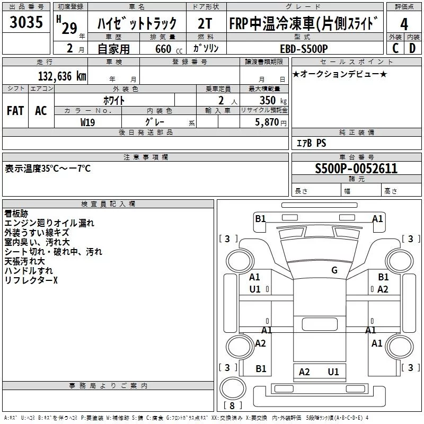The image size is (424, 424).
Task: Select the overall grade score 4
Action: [x=404, y=25]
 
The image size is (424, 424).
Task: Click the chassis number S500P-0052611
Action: [x=356, y=169]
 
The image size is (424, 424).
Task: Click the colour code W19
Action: [x=87, y=122]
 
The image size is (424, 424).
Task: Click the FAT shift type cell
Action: [x=15, y=110]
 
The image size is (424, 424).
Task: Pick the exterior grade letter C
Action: [x=395, y=48]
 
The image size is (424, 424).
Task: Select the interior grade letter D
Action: [x=412, y=48]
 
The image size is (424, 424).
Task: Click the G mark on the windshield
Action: [x=334, y=270]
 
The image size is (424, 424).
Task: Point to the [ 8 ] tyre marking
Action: [x=232, y=406]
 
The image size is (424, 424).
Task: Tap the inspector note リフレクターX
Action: [x=31, y=280]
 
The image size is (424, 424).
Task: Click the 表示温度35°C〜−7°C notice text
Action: [x=48, y=169]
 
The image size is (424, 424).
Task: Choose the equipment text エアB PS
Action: [x=311, y=143]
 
